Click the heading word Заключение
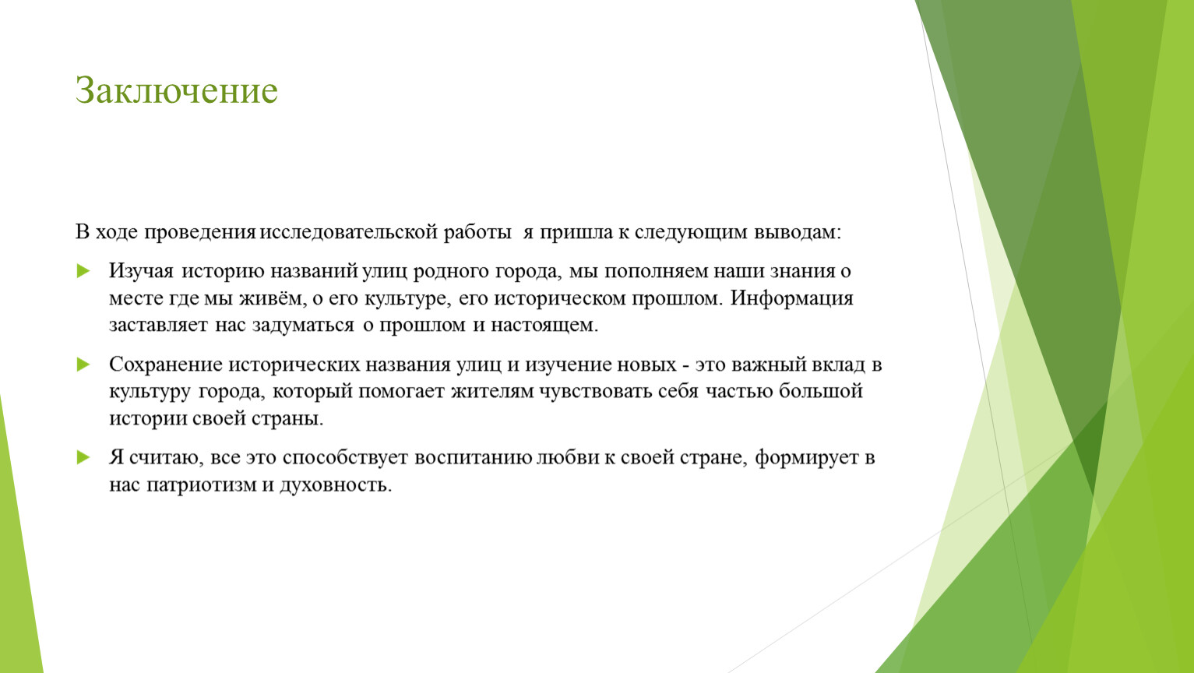point(177,90)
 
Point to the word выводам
point(798,233)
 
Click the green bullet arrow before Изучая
point(83,270)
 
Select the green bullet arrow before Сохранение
point(83,365)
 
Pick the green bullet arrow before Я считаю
point(83,457)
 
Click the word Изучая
point(141,271)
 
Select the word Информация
point(791,298)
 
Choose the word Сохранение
point(166,365)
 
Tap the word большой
point(820,392)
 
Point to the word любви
point(569,457)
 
